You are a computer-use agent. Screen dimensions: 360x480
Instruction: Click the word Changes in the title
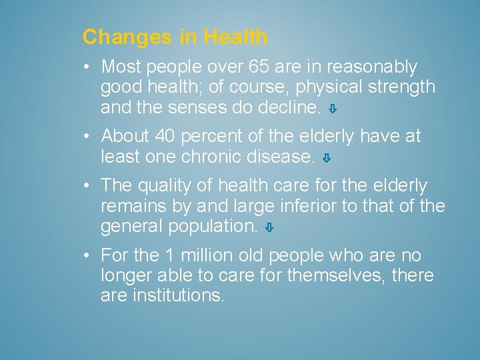(127, 37)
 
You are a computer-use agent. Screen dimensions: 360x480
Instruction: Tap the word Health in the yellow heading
(236, 37)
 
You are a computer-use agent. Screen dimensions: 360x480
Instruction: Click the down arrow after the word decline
(333, 109)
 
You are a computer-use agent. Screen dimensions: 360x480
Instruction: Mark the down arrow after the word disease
(326, 159)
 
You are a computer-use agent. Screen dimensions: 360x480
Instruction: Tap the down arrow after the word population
(269, 228)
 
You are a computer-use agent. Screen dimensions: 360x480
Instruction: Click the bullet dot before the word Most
(88, 67)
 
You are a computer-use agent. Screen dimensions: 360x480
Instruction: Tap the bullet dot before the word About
(88, 137)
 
